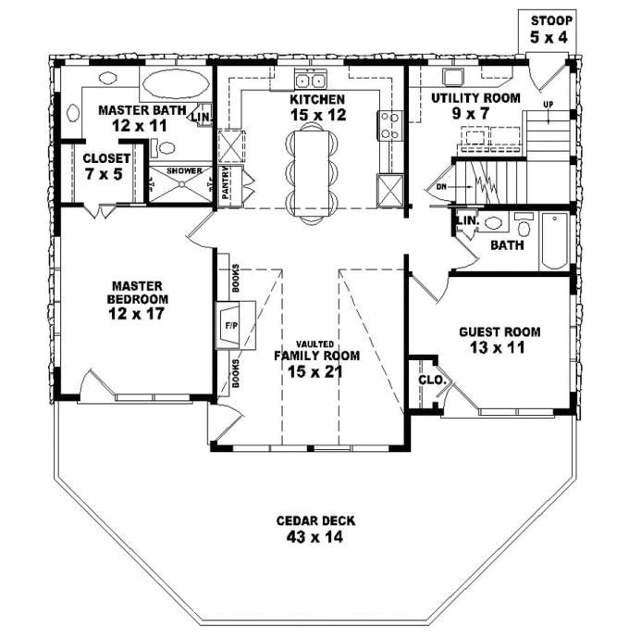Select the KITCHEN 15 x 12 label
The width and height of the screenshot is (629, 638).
pyautogui.click(x=316, y=106)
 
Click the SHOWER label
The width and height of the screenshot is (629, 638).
pyautogui.click(x=183, y=170)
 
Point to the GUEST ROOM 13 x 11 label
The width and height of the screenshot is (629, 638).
pyautogui.click(x=499, y=340)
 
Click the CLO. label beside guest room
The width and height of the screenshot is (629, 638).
pyautogui.click(x=430, y=380)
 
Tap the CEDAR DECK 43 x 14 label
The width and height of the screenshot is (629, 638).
pyautogui.click(x=315, y=528)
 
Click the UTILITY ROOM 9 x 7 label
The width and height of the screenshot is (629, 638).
pyautogui.click(x=476, y=105)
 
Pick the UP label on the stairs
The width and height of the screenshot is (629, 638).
pyautogui.click(x=549, y=104)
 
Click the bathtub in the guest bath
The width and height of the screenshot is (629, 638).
pyautogui.click(x=555, y=241)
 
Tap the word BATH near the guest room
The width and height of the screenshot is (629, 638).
pyautogui.click(x=506, y=246)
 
